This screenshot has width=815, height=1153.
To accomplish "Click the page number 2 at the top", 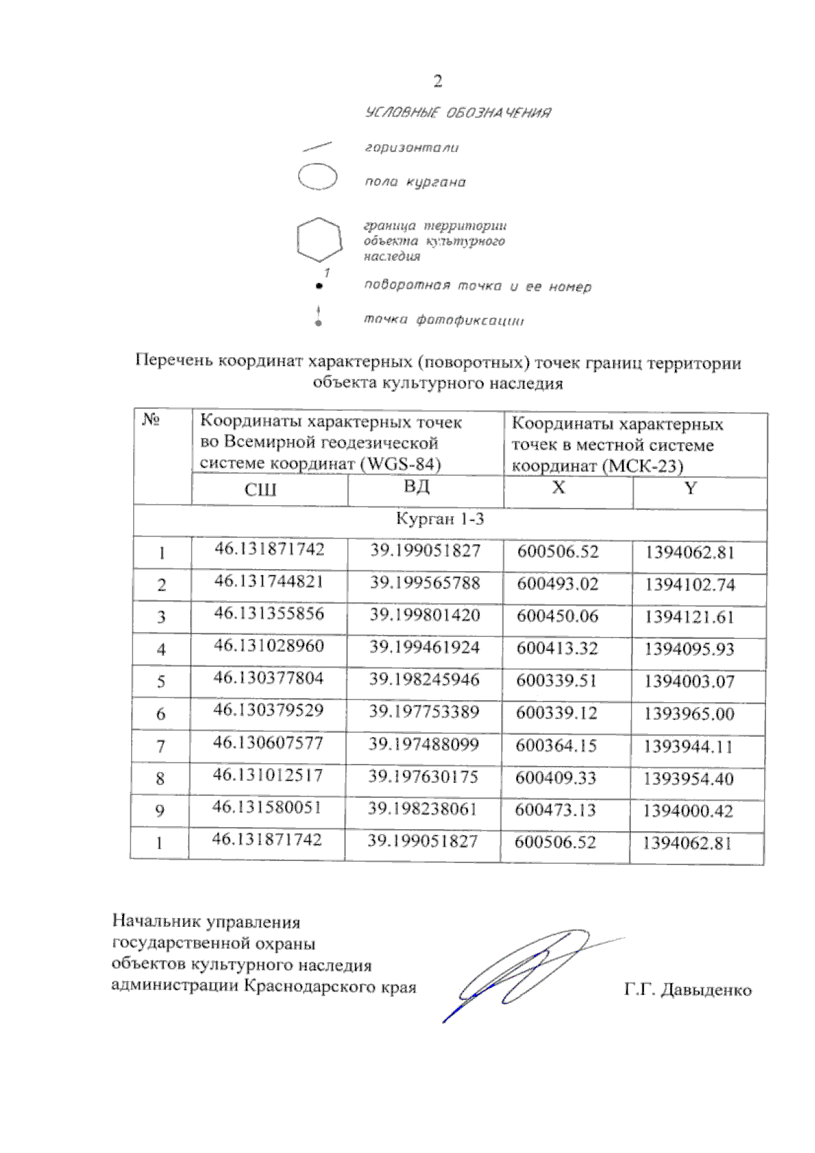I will tap(437, 82).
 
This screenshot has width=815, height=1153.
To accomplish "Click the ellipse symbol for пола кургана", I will tap(318, 177).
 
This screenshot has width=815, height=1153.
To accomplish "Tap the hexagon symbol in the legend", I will tap(319, 240).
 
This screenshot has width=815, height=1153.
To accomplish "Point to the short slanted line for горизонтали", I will tap(316, 146).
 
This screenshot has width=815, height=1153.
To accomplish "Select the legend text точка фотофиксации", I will tap(443, 320).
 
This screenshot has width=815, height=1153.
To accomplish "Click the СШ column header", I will tap(261, 490).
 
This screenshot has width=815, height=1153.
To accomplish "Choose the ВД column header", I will tap(416, 487).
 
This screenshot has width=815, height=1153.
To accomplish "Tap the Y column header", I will tap(690, 488).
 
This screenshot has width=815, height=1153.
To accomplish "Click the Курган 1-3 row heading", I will tap(440, 519).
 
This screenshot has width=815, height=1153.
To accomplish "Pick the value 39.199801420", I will tap(424, 615).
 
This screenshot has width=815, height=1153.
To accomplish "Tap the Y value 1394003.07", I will tap(689, 681).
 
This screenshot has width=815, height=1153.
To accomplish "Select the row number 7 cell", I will tap(160, 746).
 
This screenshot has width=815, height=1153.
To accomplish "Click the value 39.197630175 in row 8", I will tap(423, 777).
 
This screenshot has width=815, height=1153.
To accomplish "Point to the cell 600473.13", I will tap(556, 810).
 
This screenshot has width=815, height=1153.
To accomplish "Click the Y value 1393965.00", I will tap(689, 714).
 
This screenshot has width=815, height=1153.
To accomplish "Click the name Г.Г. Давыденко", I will tap(687, 990).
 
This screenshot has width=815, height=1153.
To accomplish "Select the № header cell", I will tap(151, 420).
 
